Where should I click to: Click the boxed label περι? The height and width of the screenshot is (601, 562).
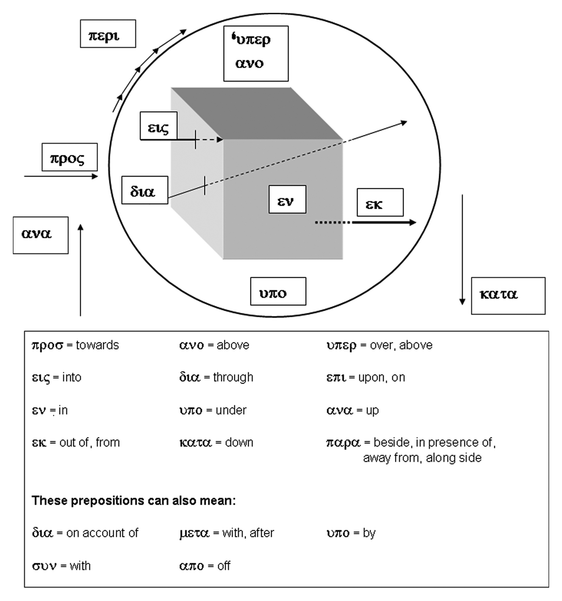[108, 34]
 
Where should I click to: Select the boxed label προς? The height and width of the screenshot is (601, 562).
[69, 157]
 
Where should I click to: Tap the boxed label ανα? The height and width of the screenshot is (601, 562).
[41, 235]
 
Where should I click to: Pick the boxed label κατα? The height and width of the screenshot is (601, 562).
[508, 295]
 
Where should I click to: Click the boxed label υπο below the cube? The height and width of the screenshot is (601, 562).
[278, 291]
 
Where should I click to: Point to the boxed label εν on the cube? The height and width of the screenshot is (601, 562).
[287, 200]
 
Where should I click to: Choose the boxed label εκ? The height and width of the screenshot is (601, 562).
[380, 202]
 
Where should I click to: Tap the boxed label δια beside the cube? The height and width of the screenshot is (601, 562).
[145, 190]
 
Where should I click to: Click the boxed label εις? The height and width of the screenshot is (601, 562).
[159, 126]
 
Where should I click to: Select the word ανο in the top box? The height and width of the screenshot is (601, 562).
[249, 63]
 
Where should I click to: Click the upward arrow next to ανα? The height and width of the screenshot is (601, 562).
[81, 270]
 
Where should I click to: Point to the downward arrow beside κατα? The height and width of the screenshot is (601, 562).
[462, 250]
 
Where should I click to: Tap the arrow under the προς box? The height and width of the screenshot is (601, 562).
[61, 176]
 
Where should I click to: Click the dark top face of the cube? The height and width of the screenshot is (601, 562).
[257, 114]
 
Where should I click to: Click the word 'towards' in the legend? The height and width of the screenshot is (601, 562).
[97, 345]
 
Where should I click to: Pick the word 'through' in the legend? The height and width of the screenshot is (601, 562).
[233, 377]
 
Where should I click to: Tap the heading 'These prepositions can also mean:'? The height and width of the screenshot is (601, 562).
[133, 501]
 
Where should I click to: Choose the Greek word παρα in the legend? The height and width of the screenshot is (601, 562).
[343, 443]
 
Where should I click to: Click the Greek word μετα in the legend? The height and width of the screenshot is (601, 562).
[194, 533]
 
